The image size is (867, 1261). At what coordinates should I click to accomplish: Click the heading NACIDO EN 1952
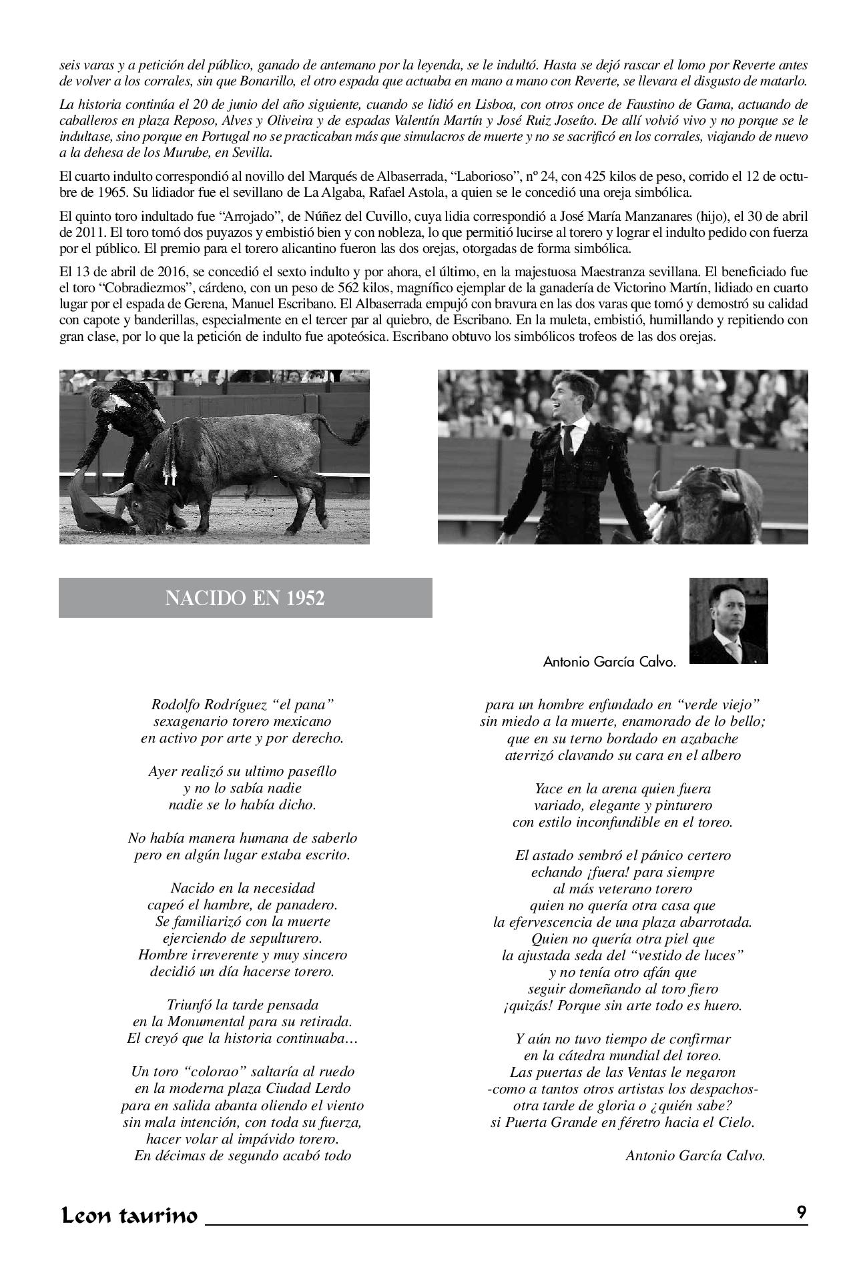pos(245,598)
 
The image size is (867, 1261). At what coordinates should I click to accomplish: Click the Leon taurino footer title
pos(129,1216)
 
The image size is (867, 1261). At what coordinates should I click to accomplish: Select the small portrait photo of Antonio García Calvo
pos(728,620)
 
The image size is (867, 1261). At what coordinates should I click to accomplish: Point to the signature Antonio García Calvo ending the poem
pos(695,1156)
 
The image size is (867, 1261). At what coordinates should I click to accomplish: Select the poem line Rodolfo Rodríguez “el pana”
pos(242,704)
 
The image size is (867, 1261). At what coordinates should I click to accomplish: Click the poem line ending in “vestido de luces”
pos(622,955)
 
